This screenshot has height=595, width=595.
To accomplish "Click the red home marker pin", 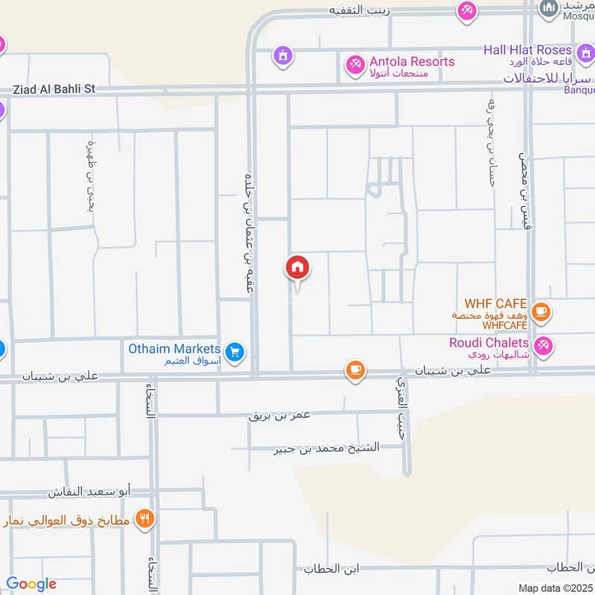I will click(297, 268).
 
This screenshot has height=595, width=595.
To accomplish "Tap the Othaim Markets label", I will click(174, 349).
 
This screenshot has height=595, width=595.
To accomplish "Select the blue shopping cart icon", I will click(235, 353).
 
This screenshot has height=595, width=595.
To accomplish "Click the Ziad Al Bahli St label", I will click(54, 89).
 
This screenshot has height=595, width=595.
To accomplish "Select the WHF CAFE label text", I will click(495, 304).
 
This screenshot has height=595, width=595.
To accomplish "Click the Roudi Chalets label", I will click(489, 343).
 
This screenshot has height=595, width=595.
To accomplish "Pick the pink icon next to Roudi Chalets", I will click(544, 345).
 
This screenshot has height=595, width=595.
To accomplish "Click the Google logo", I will click(30, 584).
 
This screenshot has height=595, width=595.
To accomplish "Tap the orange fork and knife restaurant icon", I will click(144, 518).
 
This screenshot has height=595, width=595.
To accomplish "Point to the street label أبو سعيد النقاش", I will click(89, 492).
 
